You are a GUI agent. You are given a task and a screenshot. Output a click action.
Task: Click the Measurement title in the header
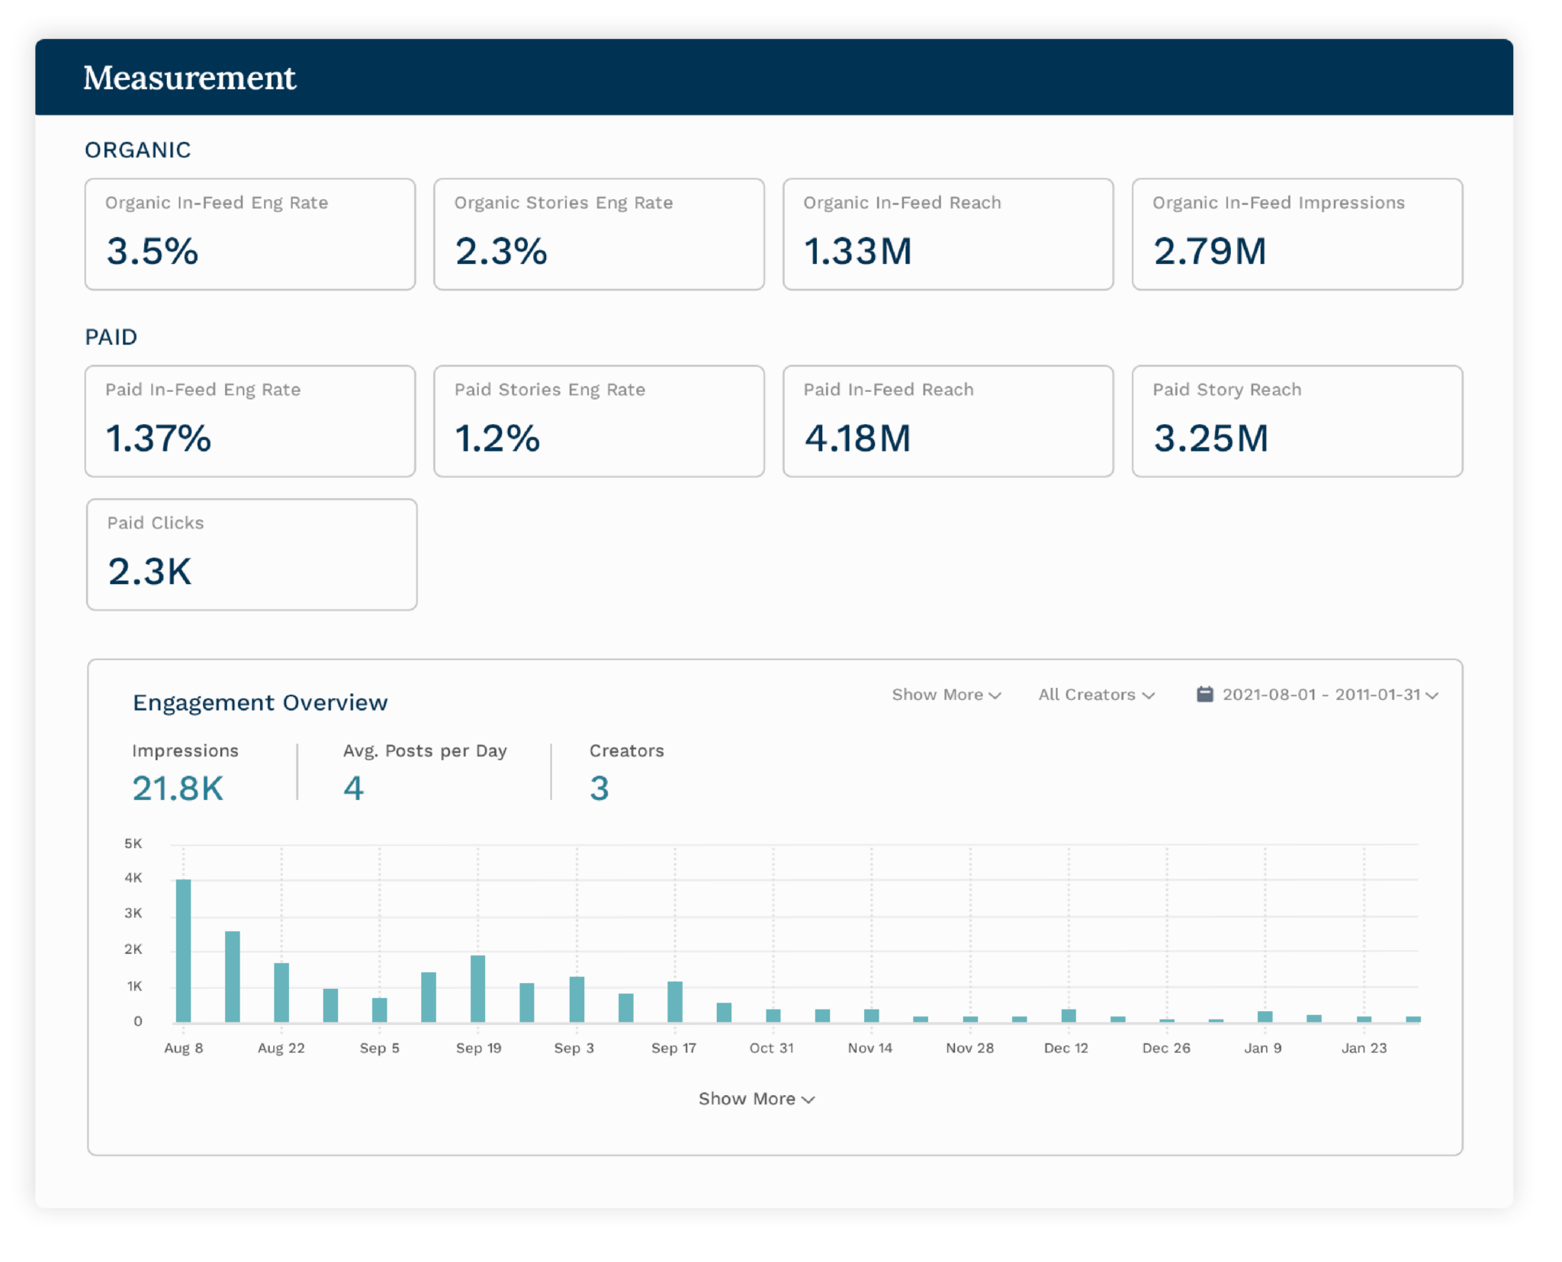point(189,78)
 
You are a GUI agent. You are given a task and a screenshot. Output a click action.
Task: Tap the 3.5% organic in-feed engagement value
point(153,251)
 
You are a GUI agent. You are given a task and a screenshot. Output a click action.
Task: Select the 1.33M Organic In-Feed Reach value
point(858,251)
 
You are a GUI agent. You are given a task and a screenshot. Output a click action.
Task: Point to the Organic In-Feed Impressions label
point(1278,203)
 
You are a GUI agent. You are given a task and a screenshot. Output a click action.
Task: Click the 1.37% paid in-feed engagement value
point(159,438)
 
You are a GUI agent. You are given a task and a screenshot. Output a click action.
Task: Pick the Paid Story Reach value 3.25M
point(1211,438)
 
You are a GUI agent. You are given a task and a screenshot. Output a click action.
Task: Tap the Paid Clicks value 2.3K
point(150,572)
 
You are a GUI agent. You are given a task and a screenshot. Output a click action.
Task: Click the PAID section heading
point(111,337)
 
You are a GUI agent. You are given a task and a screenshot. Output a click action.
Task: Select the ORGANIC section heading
point(138,150)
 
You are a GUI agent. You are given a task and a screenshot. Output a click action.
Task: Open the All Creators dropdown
point(1097,695)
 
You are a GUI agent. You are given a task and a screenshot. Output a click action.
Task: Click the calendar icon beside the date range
point(1205,694)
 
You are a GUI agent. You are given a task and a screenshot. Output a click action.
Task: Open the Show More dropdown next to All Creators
point(947,695)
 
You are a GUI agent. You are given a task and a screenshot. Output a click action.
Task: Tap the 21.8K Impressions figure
point(178,788)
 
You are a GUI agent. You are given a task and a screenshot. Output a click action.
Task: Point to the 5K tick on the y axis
point(133,843)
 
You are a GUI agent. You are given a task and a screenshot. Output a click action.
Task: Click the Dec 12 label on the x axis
point(1066,1048)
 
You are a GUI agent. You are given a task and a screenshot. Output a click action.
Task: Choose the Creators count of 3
point(599,788)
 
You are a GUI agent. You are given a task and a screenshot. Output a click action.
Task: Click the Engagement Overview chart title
point(260,702)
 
